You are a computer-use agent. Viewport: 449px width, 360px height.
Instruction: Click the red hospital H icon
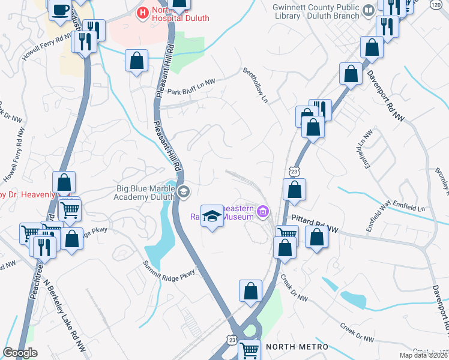point(143,11)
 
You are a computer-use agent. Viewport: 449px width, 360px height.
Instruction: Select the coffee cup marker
point(61,10)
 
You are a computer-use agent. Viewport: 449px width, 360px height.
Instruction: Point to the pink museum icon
point(262,211)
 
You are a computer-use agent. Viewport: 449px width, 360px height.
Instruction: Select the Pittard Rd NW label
point(316,221)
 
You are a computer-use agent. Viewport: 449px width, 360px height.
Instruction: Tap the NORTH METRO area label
point(297,347)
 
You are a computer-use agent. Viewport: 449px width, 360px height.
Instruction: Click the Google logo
point(20,353)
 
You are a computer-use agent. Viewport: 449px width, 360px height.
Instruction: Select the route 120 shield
point(443,5)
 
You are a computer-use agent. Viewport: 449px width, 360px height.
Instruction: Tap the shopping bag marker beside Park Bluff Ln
point(137,61)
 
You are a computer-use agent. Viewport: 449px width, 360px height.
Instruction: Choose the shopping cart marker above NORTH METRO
point(250,349)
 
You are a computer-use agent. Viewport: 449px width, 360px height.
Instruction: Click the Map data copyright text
point(423,355)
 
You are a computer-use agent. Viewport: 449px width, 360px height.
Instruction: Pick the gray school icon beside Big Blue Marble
point(184,192)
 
